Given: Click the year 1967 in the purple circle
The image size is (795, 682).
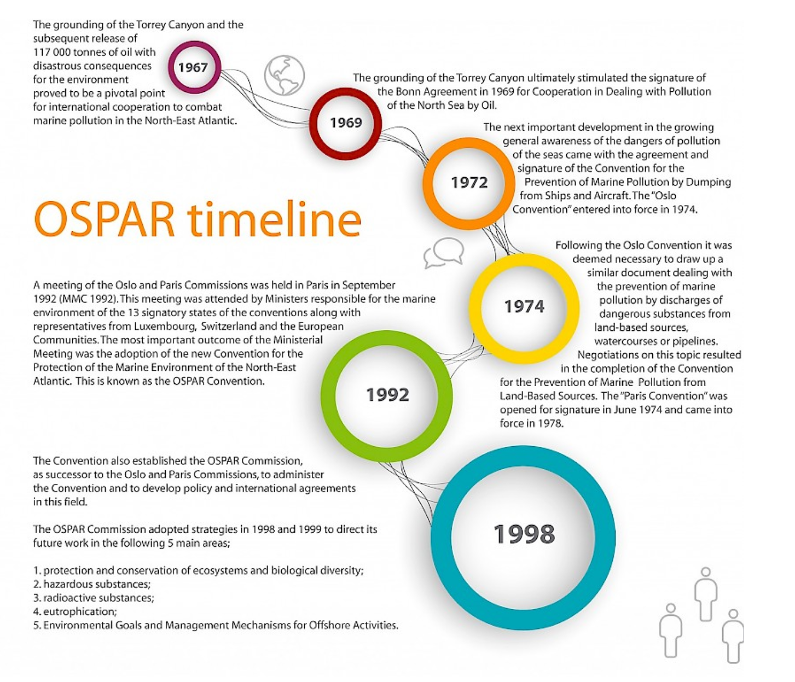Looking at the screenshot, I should tap(193, 67).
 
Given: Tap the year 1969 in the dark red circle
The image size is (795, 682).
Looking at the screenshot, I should tap(346, 123).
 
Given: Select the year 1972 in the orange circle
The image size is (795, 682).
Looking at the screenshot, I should tap(469, 182).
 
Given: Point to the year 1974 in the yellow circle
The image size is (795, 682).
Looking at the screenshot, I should tap(524, 306).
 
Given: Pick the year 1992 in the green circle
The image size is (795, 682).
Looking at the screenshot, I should tap(387, 395).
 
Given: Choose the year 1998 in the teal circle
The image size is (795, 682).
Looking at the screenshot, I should tap(524, 534).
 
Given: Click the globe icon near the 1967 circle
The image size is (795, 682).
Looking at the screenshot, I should tap(285, 75).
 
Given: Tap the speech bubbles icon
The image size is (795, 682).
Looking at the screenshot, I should tap(444, 253).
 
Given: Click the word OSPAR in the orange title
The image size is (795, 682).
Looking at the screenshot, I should tap(105, 219).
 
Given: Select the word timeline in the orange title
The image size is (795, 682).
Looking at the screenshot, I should tap(274, 219).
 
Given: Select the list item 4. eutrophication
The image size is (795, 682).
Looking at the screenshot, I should tap(75, 611).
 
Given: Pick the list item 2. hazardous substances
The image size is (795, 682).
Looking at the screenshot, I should tap(91, 584).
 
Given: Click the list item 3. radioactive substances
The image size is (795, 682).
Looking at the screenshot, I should tap(94, 598).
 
